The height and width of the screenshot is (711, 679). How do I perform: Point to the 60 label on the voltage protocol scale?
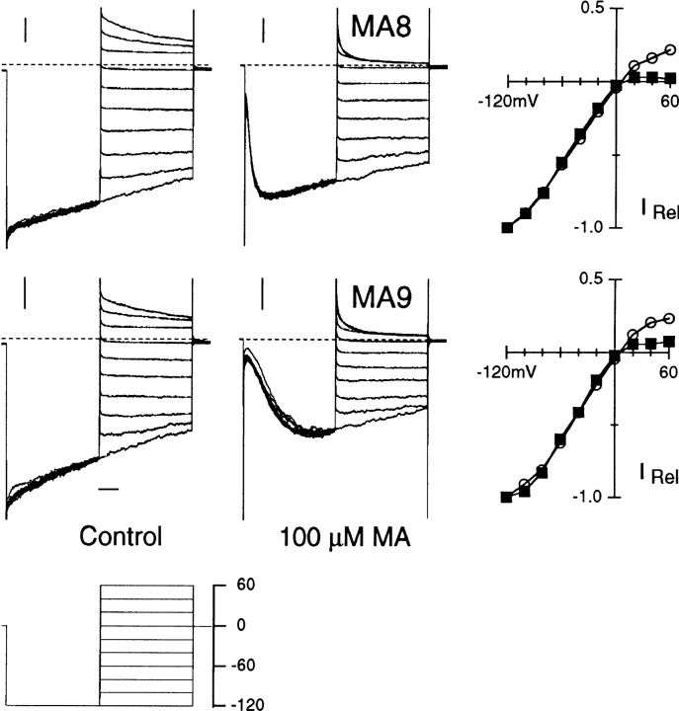[234, 585]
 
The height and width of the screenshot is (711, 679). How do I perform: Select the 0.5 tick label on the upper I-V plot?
[591, 9]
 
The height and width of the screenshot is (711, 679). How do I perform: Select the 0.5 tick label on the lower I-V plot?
[591, 278]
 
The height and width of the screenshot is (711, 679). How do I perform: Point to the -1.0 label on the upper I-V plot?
[589, 227]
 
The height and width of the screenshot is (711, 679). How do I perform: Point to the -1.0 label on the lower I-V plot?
[589, 497]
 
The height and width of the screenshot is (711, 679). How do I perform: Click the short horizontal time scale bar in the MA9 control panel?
[109, 488]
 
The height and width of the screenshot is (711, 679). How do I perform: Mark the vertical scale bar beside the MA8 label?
[264, 31]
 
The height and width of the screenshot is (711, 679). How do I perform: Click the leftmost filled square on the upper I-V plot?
[508, 227]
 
